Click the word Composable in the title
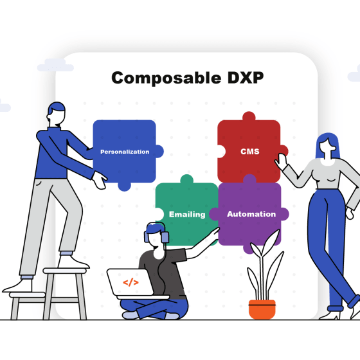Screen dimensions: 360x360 [x=166, y=78]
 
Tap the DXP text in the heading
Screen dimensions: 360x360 [x=246, y=78]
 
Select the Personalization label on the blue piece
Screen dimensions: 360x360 [x=125, y=152]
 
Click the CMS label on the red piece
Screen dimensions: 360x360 [x=250, y=152]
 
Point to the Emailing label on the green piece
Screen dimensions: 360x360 [x=187, y=215]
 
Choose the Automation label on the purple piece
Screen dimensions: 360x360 [x=251, y=214]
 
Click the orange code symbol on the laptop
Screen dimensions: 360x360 [x=130, y=282]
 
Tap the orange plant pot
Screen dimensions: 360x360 [x=262, y=309]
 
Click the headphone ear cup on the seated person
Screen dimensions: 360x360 [x=165, y=237]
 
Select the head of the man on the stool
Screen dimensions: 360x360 [x=57, y=114]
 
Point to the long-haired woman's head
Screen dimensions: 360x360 [x=327, y=146]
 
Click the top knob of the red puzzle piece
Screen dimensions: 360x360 [x=249, y=116]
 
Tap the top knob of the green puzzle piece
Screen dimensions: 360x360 [x=186, y=179]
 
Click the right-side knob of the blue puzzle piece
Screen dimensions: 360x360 [x=159, y=151]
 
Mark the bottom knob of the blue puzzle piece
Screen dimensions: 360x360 [x=124, y=186]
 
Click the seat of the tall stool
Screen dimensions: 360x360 [x=64, y=271]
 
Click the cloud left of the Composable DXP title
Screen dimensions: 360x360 [x=55, y=65]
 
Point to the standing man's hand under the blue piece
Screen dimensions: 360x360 [x=100, y=180]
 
